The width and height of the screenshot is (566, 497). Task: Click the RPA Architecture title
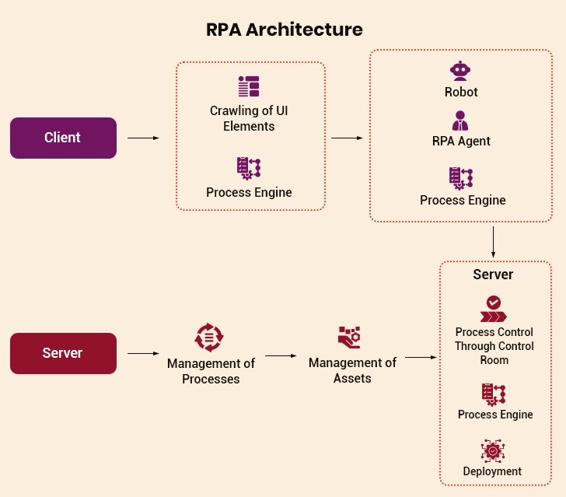[x=284, y=30]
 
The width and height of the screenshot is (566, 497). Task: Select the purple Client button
[x=63, y=138]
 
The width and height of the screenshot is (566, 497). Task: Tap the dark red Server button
[x=63, y=353]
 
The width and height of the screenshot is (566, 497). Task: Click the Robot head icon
[x=461, y=71]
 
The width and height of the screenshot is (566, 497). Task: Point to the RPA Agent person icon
[x=461, y=121]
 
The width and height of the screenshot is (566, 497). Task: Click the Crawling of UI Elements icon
[x=249, y=86]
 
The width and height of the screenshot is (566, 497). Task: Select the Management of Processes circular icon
[x=208, y=338]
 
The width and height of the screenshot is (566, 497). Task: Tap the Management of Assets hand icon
[x=349, y=338]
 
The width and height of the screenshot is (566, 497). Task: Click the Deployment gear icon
[x=493, y=451]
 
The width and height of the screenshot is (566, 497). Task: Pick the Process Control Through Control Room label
[x=494, y=346]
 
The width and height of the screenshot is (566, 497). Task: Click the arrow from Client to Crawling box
[x=143, y=138]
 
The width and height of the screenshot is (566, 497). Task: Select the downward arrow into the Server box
[x=493, y=242]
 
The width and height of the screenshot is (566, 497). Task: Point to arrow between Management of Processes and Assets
[x=281, y=355]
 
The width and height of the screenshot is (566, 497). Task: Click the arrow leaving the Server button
[x=143, y=353]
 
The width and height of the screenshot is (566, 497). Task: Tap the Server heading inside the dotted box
[x=493, y=275]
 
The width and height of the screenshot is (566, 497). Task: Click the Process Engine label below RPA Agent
[x=463, y=200]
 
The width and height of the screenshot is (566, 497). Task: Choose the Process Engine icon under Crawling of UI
[x=249, y=169]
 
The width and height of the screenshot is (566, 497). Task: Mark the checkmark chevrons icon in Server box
[x=493, y=309]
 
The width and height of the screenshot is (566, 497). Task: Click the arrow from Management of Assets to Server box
[x=421, y=358]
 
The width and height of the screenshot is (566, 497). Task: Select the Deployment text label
[x=492, y=471]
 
